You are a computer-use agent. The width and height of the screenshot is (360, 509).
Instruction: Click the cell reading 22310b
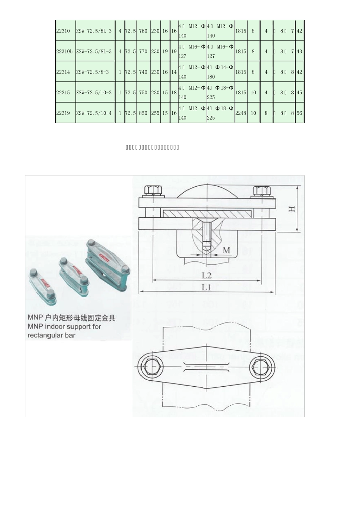[x=64, y=52]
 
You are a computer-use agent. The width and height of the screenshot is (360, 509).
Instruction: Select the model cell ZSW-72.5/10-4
[x=94, y=113]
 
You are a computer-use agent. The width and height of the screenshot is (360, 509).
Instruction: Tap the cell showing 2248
[x=241, y=113]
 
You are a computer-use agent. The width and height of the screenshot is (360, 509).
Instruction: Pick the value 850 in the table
[x=143, y=113]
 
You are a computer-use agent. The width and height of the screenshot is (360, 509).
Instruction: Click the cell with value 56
[x=299, y=113]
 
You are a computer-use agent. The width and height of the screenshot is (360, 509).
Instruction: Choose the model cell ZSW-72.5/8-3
[x=92, y=72]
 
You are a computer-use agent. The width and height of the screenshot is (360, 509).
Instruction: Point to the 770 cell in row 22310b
[x=143, y=52]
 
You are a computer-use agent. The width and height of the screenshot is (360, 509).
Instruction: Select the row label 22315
[x=63, y=92]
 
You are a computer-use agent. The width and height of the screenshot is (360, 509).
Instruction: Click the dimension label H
[x=292, y=209]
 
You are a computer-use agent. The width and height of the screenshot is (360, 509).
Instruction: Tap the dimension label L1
[x=206, y=287]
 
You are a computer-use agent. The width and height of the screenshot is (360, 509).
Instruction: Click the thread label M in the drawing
[x=226, y=250]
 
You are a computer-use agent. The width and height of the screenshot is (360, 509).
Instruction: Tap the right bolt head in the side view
[x=261, y=190]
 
